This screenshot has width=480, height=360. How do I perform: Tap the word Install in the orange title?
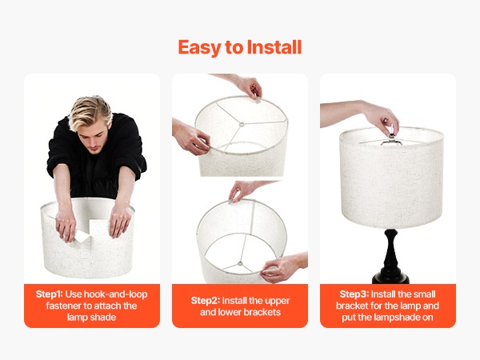(x=274, y=47)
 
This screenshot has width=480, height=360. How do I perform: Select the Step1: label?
(x=49, y=294)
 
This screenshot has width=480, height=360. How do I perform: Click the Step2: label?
(x=206, y=301)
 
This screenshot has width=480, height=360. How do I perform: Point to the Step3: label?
(x=354, y=294)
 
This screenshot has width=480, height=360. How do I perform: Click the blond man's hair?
(x=90, y=112)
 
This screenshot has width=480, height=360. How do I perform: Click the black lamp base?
(x=391, y=257)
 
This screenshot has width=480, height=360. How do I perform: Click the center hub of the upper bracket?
(x=242, y=124)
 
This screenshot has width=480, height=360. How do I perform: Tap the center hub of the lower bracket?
(x=240, y=263)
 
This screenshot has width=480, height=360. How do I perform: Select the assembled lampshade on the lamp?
(x=391, y=178)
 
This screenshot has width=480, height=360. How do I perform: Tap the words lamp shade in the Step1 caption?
(x=91, y=317)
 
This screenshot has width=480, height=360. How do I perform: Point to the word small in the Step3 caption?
(x=425, y=294)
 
